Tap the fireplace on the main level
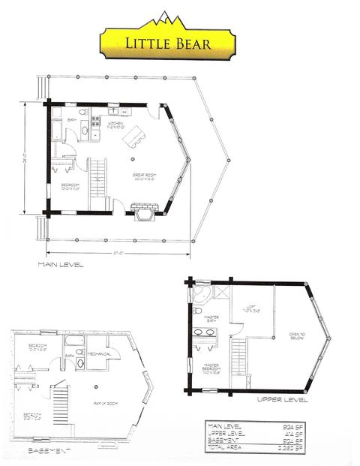click(x=144, y=212)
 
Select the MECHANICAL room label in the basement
click(x=99, y=353)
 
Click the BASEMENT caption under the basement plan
click(x=49, y=452)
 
